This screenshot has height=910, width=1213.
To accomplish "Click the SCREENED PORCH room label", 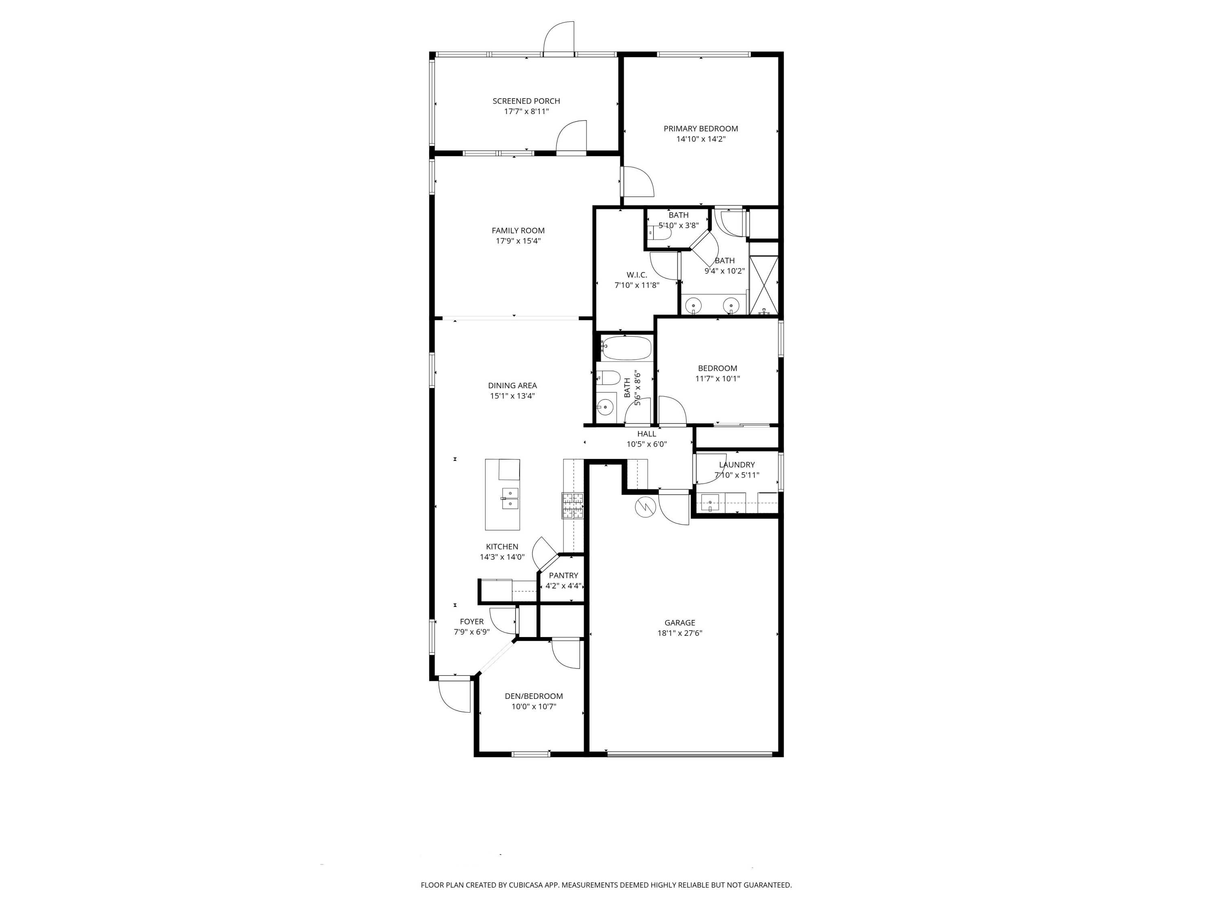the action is coord(526,101).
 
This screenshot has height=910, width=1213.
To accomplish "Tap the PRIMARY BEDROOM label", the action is coord(701,128).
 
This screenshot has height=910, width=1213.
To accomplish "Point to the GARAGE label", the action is coord(680,622).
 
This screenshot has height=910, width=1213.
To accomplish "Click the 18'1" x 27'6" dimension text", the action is coord(680,633).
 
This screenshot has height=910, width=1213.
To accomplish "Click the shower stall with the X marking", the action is coord(764,285).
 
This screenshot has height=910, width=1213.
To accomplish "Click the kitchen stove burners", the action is coord(572,506).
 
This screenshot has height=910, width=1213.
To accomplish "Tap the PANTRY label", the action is coord(564,576).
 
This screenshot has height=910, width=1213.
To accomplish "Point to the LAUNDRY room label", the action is coord(737,465).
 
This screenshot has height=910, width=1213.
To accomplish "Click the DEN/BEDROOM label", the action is coord(534,696).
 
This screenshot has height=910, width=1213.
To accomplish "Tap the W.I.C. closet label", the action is coord(637,275).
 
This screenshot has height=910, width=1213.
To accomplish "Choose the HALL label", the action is coord(647,434).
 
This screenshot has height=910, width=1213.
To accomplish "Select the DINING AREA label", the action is coord(512,385).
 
